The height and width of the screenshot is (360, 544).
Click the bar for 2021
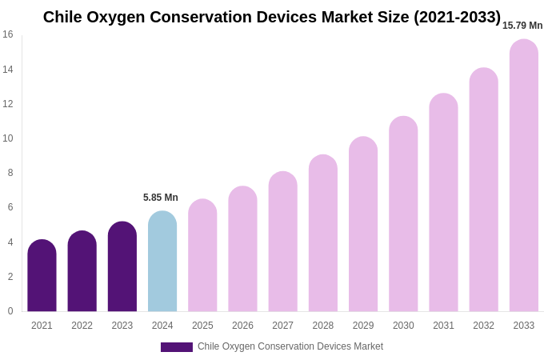[x=42, y=276]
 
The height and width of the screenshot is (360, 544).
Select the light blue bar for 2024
[x=162, y=262]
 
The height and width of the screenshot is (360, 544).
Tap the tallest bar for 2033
[x=524, y=176]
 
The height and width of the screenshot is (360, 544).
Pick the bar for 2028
[x=323, y=234]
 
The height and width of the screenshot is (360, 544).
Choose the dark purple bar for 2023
[x=122, y=267]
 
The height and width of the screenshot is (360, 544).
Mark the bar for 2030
[x=403, y=214]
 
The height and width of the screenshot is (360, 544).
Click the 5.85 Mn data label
[x=161, y=198]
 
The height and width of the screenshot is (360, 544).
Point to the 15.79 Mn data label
[x=522, y=26]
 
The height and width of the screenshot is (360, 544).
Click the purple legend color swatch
[x=176, y=347]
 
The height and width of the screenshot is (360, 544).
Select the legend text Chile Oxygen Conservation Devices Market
[x=290, y=346]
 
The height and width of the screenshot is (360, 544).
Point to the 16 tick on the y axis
[x=8, y=34]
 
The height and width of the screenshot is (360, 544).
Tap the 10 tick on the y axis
[x=8, y=138]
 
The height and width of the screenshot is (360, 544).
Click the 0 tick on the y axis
[x=10, y=311]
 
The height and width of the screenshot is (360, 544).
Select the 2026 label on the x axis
[x=242, y=326]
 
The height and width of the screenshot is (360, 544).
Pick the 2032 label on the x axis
[x=483, y=326]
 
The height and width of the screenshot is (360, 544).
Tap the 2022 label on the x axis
[x=82, y=326]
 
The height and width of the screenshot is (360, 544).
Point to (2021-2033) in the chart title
[x=457, y=17]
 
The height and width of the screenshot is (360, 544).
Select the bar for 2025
[x=202, y=256]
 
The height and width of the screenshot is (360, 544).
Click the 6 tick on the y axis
[x=10, y=207]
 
